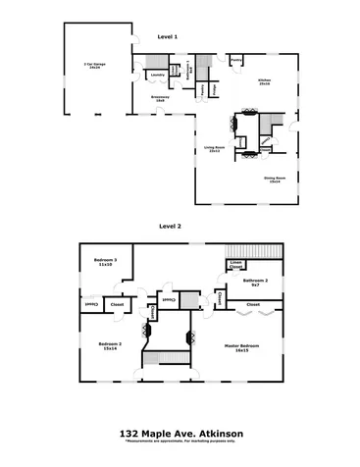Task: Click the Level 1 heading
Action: (x=167, y=36)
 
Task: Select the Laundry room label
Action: (x=157, y=74)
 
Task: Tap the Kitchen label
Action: (x=263, y=80)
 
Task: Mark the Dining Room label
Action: (x=273, y=179)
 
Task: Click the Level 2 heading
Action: (x=172, y=225)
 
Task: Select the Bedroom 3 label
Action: (x=105, y=261)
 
